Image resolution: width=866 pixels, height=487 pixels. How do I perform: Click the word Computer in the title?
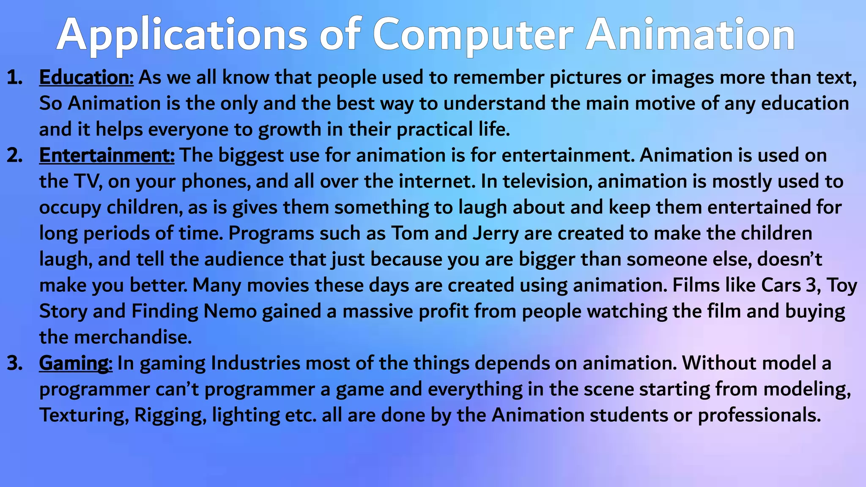click(x=473, y=35)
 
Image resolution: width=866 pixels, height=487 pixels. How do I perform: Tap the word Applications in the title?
click(x=182, y=35)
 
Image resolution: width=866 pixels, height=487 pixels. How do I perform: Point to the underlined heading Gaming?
click(x=74, y=363)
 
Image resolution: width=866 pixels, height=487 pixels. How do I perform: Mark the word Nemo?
click(x=230, y=311)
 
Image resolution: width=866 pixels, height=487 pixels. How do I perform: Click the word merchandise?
click(x=133, y=337)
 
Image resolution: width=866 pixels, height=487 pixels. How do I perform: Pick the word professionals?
click(x=759, y=415)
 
